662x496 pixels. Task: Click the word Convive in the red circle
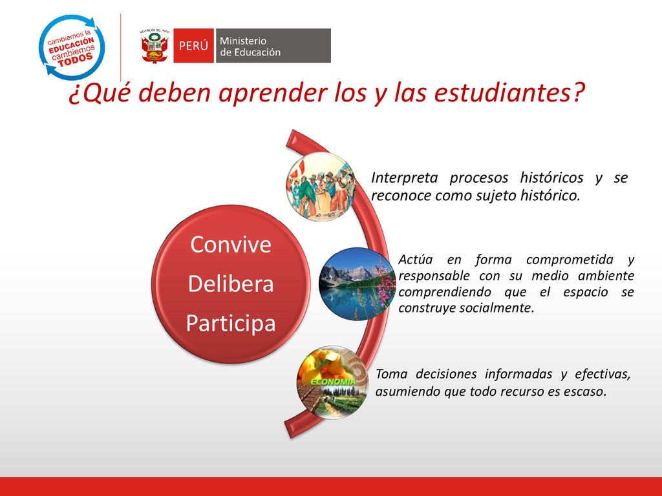(x=231, y=245)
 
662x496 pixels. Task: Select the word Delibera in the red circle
(x=231, y=284)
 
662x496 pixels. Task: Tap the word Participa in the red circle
(x=231, y=324)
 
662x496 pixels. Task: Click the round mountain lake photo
(x=358, y=284)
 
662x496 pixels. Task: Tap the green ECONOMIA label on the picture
(x=333, y=382)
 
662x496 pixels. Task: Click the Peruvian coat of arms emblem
(x=154, y=46)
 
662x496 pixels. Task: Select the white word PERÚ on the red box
(x=193, y=46)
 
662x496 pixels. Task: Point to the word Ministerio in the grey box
(x=243, y=41)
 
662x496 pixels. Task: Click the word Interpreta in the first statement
(x=405, y=178)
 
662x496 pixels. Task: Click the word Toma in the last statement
(x=391, y=374)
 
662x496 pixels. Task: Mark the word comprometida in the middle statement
(x=570, y=260)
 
